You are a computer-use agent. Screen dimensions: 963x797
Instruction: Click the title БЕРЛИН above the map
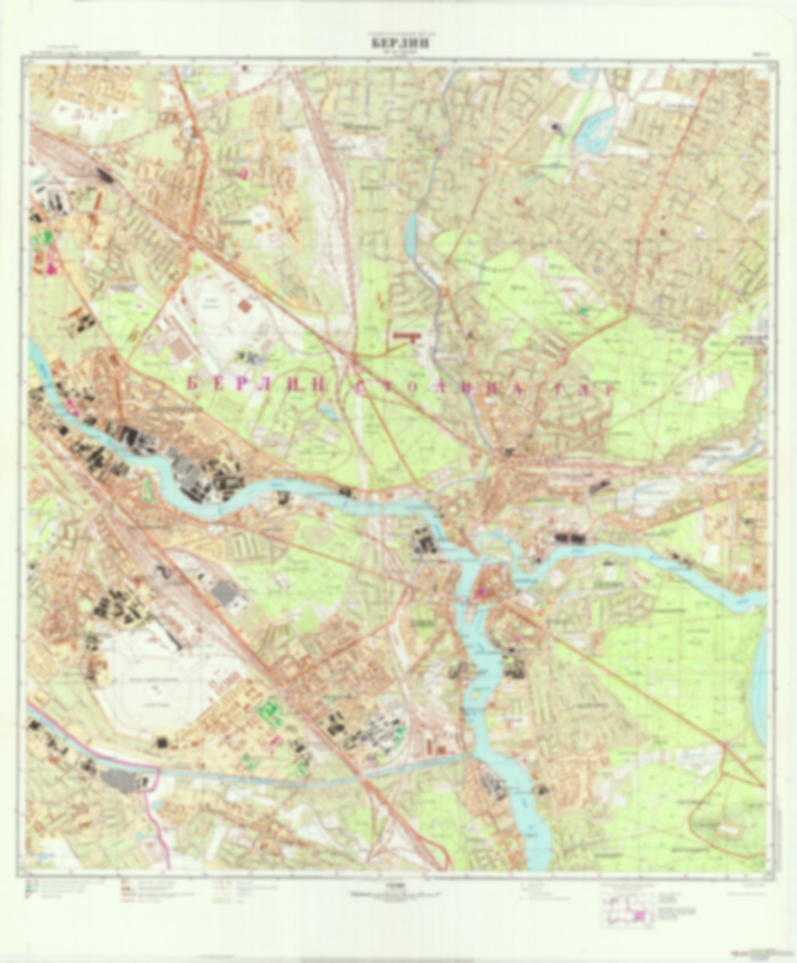point(398,44)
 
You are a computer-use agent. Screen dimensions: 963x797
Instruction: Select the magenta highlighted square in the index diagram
point(639,916)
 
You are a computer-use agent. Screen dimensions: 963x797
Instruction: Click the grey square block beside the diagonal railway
point(224,593)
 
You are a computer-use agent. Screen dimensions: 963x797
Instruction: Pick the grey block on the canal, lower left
point(118,780)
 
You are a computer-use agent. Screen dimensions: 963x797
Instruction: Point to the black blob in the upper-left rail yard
point(104,175)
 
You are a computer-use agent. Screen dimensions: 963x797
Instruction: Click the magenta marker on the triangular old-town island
point(483,592)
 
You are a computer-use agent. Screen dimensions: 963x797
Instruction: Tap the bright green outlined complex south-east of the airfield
point(270,711)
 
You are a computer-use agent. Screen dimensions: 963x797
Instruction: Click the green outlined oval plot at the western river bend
point(147,488)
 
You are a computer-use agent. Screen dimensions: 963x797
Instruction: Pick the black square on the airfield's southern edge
point(162,742)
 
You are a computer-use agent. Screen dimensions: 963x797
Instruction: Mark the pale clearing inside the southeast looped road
point(717,827)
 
